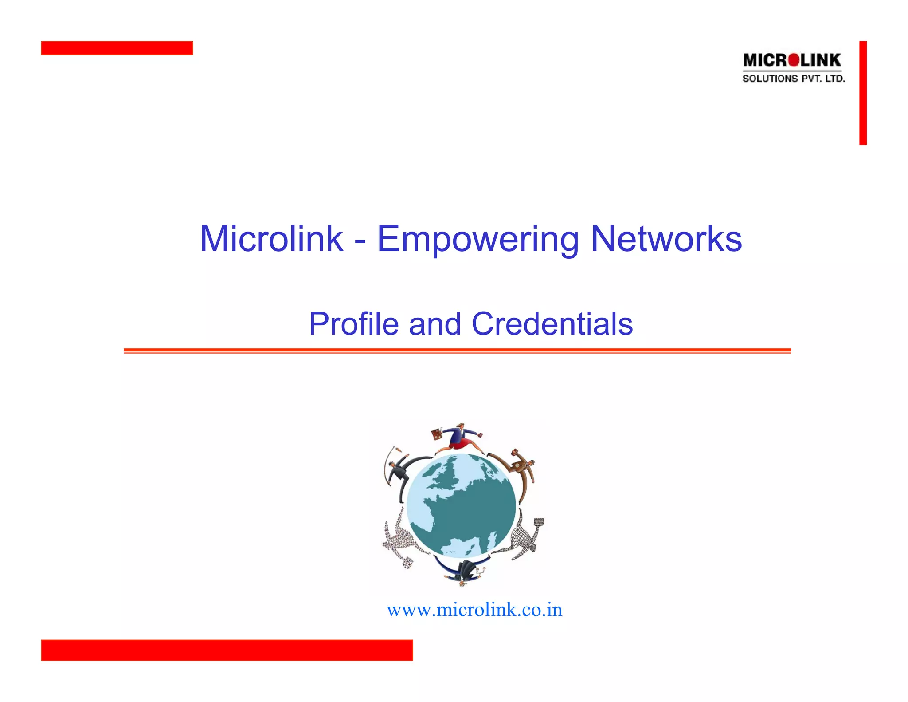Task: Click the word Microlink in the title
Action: [271, 239]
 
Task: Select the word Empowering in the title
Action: [477, 240]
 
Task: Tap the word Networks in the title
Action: [666, 239]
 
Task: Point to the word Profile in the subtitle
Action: [353, 323]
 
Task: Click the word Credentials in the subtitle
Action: [552, 323]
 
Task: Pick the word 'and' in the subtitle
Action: [435, 323]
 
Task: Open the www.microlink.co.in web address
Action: [474, 610]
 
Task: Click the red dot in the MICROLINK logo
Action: [794, 60]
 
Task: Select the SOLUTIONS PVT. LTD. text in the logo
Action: [794, 79]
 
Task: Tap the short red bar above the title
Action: [117, 48]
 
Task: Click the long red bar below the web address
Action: [227, 650]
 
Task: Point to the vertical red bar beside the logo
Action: [863, 93]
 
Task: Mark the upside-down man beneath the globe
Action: [463, 570]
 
